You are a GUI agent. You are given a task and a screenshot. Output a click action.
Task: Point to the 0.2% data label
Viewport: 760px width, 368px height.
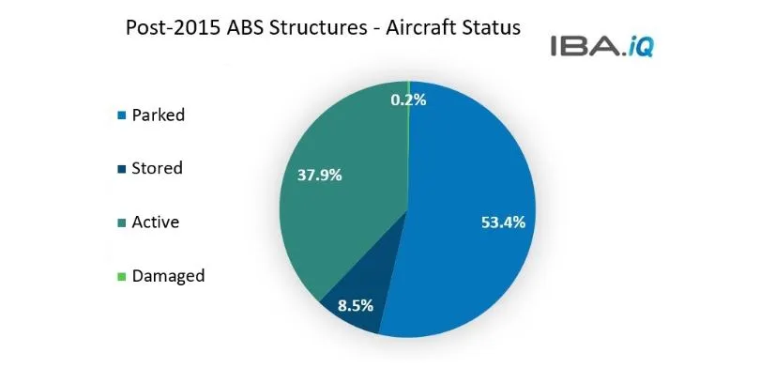[409, 99]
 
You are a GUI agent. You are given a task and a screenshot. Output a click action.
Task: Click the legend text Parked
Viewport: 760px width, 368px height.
[159, 115]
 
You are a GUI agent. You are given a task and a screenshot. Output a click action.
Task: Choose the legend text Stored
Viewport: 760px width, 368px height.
[158, 169]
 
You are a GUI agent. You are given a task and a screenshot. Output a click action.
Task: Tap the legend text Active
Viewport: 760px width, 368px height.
[156, 222]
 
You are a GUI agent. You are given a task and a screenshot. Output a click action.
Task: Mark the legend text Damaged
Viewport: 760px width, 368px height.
[168, 276]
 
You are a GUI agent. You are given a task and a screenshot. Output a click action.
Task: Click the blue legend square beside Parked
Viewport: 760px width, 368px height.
[122, 116]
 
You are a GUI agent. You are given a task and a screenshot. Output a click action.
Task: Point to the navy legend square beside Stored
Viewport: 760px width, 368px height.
[122, 170]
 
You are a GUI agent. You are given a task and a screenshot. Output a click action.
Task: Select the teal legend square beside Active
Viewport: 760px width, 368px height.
[122, 223]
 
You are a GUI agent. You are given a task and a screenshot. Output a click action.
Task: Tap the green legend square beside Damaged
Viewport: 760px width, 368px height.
[122, 277]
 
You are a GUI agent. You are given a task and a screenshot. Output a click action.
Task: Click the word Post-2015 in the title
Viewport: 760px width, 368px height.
[170, 28]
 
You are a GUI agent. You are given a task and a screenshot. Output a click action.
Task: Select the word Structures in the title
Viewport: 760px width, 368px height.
[311, 28]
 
